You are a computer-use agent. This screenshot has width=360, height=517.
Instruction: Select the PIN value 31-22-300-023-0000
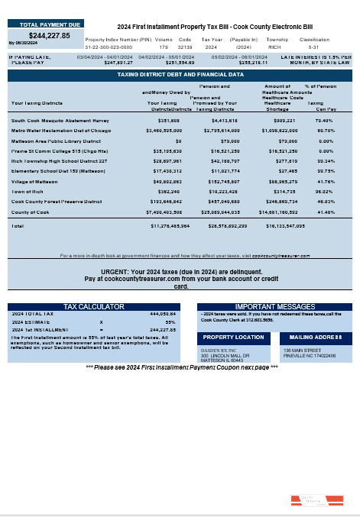tap(109, 46)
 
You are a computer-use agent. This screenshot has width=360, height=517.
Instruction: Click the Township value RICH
tap(277, 46)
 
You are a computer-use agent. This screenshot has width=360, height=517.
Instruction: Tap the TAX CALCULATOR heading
tap(93, 306)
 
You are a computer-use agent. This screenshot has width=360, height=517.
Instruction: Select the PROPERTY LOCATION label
tap(233, 337)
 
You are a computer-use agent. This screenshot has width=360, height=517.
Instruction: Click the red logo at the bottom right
tap(309, 501)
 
